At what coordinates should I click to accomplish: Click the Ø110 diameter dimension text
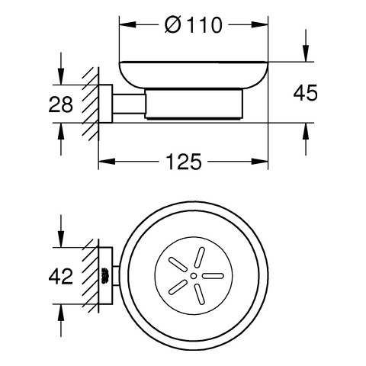tap(194, 25)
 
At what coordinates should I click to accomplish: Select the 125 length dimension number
tap(184, 162)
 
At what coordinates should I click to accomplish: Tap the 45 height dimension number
tap(305, 93)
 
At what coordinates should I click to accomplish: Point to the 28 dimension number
tap(61, 104)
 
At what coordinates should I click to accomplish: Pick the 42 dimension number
tap(61, 276)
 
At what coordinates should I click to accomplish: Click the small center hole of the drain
tap(194, 276)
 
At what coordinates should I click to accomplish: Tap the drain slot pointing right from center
tap(213, 276)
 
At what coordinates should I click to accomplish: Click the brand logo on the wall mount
tap(106, 276)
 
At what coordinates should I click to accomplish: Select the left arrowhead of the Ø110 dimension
tap(128, 24)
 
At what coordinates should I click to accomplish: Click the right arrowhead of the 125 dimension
tap(260, 162)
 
